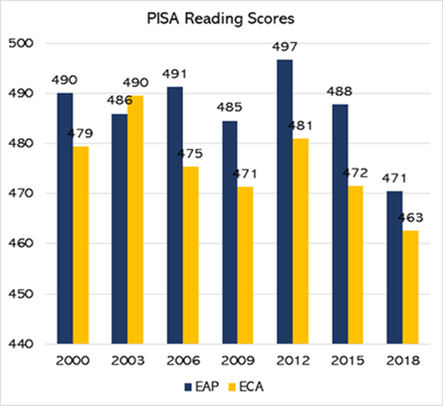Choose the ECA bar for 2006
[191, 255]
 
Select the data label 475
[192, 153]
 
